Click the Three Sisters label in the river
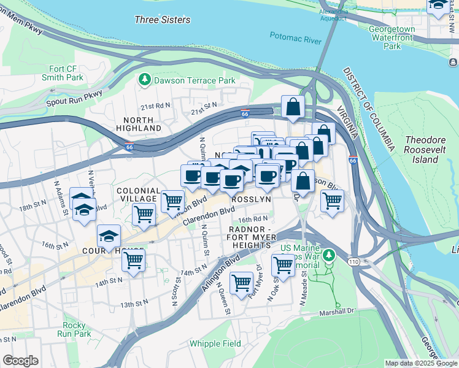pos(162,20)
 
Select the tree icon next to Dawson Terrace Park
pos(145,80)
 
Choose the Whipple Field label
pos(215,343)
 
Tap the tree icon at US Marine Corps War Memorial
pos(330,254)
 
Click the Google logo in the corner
pos(20,361)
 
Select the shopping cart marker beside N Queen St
pos(242,282)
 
